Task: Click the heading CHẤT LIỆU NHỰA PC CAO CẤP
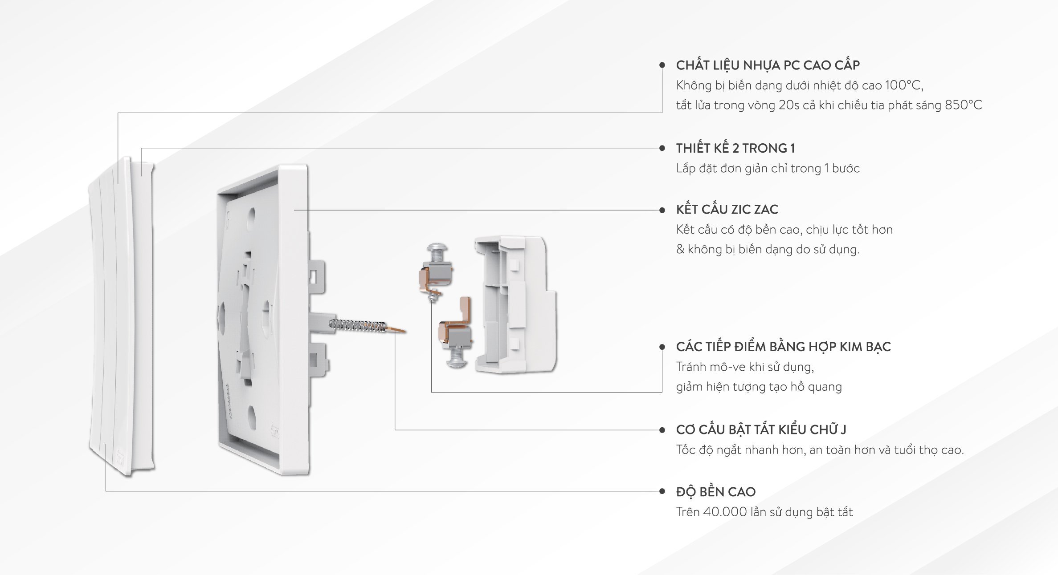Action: (x=768, y=65)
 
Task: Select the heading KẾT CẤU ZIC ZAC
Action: (x=727, y=209)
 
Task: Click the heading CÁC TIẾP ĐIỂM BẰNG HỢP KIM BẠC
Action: (x=783, y=347)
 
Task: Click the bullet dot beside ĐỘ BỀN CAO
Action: (x=662, y=491)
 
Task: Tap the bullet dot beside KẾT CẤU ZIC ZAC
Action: (x=662, y=210)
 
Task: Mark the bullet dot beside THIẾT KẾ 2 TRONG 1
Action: (x=662, y=148)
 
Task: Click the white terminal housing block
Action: (x=515, y=304)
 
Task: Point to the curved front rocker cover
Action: (x=121, y=317)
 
